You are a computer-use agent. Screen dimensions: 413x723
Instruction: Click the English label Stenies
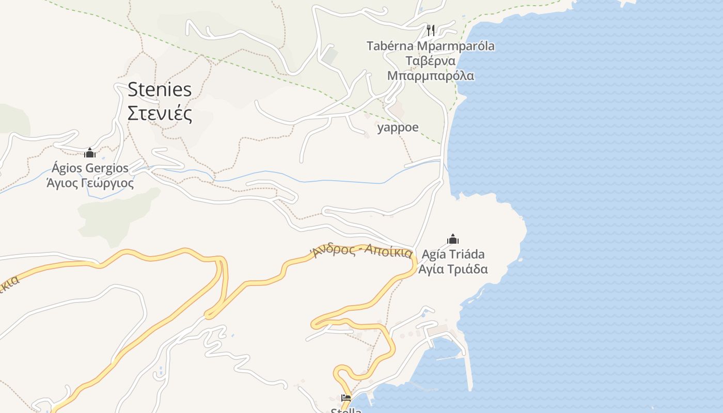point(160,89)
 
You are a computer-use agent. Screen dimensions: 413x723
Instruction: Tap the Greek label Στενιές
point(160,113)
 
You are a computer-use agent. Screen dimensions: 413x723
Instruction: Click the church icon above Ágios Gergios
point(90,153)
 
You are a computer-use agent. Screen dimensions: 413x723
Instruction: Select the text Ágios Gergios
point(90,168)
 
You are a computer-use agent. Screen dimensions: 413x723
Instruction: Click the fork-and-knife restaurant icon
point(431,30)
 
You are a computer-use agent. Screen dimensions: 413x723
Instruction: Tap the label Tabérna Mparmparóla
point(430,46)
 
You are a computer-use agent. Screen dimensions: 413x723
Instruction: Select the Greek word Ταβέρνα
point(430,61)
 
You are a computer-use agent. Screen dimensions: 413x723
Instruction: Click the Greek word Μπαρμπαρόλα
point(430,76)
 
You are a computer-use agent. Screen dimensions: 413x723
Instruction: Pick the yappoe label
point(398,127)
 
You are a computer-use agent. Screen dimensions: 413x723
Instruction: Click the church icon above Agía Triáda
point(453,239)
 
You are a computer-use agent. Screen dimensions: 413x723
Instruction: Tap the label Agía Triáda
point(453,255)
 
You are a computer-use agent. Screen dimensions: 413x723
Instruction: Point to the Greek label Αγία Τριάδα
point(453,269)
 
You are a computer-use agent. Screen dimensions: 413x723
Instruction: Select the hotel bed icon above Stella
point(346,398)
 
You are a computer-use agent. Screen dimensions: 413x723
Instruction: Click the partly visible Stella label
point(346,410)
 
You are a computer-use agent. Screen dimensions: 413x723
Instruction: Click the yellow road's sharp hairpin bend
point(209,313)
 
